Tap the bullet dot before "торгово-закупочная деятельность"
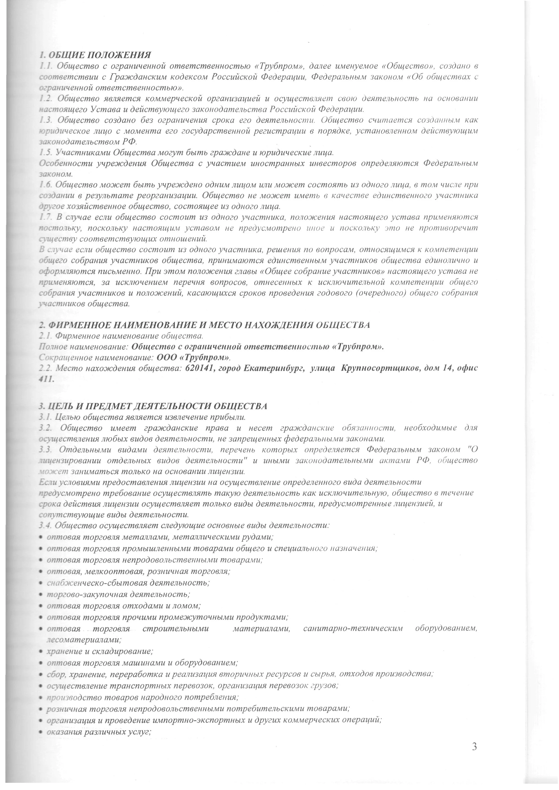tap(41, 595)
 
